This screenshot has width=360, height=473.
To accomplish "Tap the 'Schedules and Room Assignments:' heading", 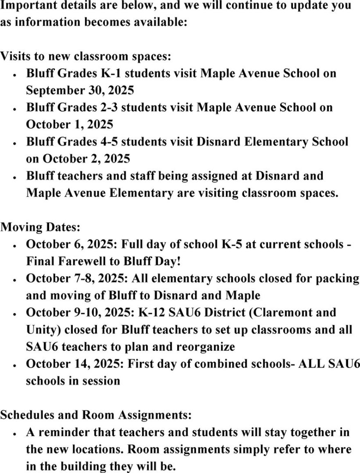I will tap(96, 415).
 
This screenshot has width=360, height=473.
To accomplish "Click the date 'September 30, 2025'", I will tap(80, 90).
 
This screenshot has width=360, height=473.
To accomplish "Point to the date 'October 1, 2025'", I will tap(69, 124).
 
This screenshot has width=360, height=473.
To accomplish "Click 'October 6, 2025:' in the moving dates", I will tap(72, 244).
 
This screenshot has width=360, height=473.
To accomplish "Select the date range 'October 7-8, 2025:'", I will tap(78, 278).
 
